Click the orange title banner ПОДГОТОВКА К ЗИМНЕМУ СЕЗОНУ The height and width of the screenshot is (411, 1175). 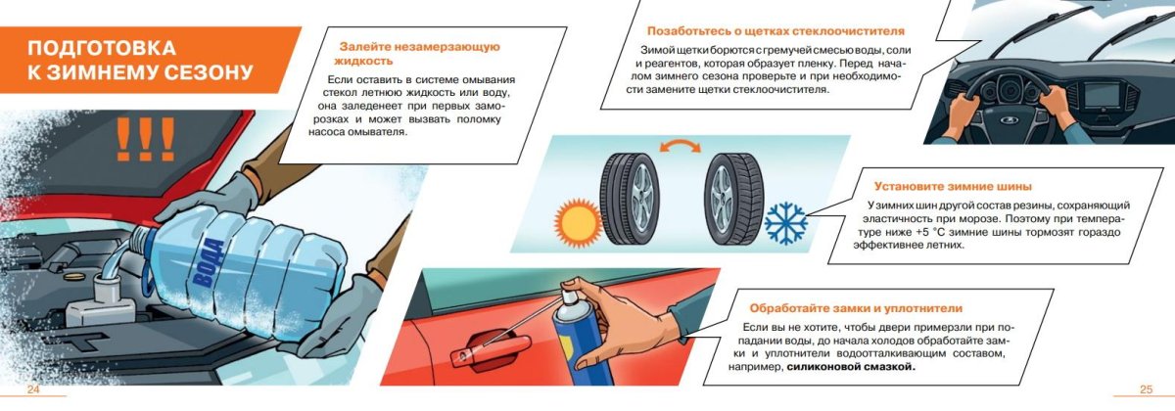(142, 60)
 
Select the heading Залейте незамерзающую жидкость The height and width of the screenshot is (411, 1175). (420, 54)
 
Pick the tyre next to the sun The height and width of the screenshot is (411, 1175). (630, 199)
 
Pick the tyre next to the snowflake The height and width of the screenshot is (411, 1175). (733, 198)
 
